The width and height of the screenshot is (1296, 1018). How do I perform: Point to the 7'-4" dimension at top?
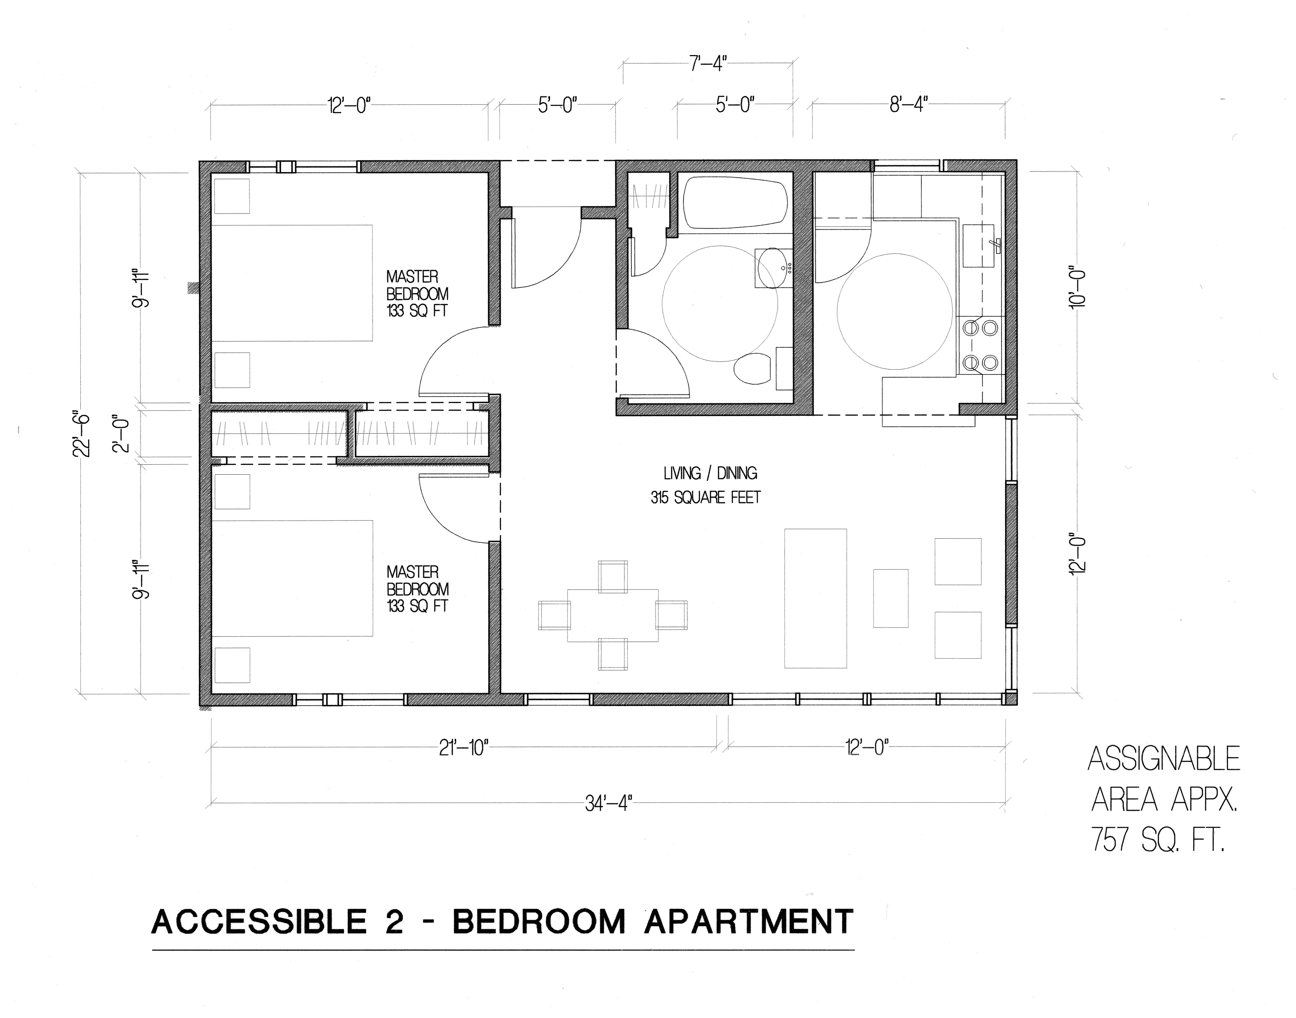[x=708, y=63]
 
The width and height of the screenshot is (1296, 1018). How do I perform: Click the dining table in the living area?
[x=612, y=615]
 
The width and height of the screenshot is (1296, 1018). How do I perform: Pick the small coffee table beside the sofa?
[x=891, y=598]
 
